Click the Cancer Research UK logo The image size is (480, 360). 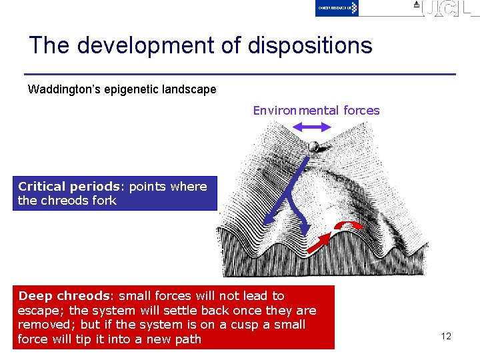coord(337,8)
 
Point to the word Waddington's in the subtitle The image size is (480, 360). coord(60,89)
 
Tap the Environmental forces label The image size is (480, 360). coord(316,111)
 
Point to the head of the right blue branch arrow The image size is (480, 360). coord(305,230)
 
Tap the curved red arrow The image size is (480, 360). coord(347,225)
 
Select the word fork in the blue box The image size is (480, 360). coord(105,201)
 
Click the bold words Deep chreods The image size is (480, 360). coord(63,296)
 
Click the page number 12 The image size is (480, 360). coord(446,336)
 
